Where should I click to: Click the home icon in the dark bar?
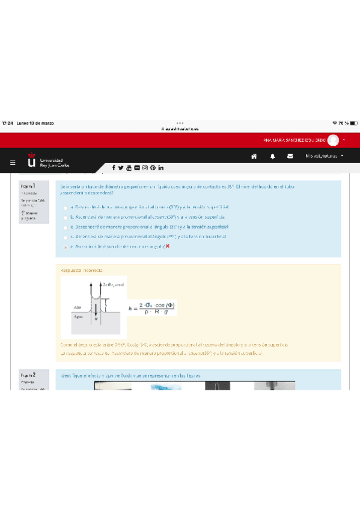tap(254, 156)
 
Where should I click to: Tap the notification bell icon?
tap(272, 156)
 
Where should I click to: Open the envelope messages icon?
tap(290, 156)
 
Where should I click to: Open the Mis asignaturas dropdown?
tap(325, 156)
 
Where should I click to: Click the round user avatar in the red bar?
tap(333, 140)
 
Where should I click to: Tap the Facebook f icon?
tap(113, 168)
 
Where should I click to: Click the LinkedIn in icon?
tap(161, 168)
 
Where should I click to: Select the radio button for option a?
tap(66, 207)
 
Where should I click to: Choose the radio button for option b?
tap(66, 217)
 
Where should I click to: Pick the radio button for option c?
tap(66, 227)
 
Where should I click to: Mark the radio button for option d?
tap(66, 237)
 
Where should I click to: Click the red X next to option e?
tap(168, 247)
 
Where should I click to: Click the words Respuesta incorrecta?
tap(81, 271)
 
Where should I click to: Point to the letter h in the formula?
tap(130, 308)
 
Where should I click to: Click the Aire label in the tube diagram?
tap(78, 307)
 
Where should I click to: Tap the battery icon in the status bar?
tap(354, 123)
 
